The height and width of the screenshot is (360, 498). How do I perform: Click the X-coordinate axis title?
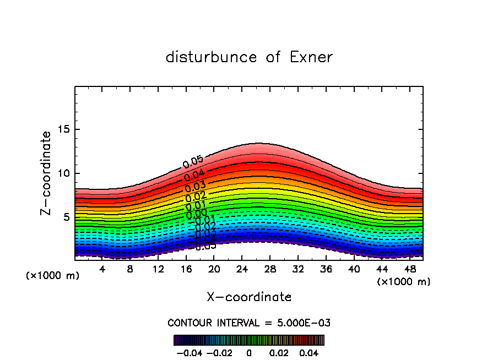[x=249, y=297]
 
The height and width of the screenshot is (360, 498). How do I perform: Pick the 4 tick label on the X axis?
[x=102, y=269]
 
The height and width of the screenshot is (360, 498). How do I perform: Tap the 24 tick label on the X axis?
[x=242, y=269]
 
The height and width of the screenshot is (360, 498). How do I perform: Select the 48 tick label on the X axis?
[x=409, y=269]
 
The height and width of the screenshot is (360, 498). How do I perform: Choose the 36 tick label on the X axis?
[x=326, y=269]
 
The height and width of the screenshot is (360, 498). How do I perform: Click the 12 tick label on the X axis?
[x=158, y=269]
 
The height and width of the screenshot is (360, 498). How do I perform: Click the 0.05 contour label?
[x=193, y=162]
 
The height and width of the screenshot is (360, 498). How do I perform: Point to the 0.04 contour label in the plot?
[x=194, y=176]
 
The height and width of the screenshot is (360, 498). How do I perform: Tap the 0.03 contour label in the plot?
[x=196, y=187]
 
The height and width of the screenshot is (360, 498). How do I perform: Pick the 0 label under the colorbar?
[x=249, y=352]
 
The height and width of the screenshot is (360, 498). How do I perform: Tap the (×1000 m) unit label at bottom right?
[x=404, y=282]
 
